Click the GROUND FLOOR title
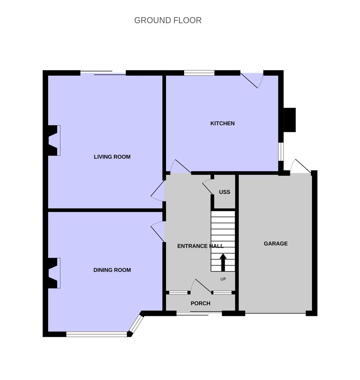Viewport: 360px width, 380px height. (x=168, y=20)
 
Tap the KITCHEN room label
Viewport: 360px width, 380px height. (x=223, y=123)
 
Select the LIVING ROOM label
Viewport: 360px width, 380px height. (x=112, y=157)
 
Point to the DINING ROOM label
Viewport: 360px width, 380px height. (x=112, y=270)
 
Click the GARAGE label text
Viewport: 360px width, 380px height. (x=276, y=243)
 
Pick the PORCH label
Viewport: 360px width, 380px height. (x=200, y=303)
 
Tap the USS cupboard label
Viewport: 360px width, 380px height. (x=224, y=192)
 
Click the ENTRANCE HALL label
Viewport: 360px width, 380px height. (x=200, y=246)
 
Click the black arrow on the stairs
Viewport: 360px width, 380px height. (x=223, y=262)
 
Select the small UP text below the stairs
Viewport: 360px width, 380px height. (x=223, y=279)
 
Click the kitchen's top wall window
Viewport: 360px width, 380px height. (x=199, y=73)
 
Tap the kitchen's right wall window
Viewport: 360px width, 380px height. (x=281, y=152)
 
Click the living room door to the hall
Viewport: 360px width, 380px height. (x=158, y=191)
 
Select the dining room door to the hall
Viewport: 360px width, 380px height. (x=158, y=231)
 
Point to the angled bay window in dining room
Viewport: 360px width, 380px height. (x=136, y=324)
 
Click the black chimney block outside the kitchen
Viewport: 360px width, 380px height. (x=289, y=120)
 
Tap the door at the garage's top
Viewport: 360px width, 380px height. (x=301, y=166)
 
